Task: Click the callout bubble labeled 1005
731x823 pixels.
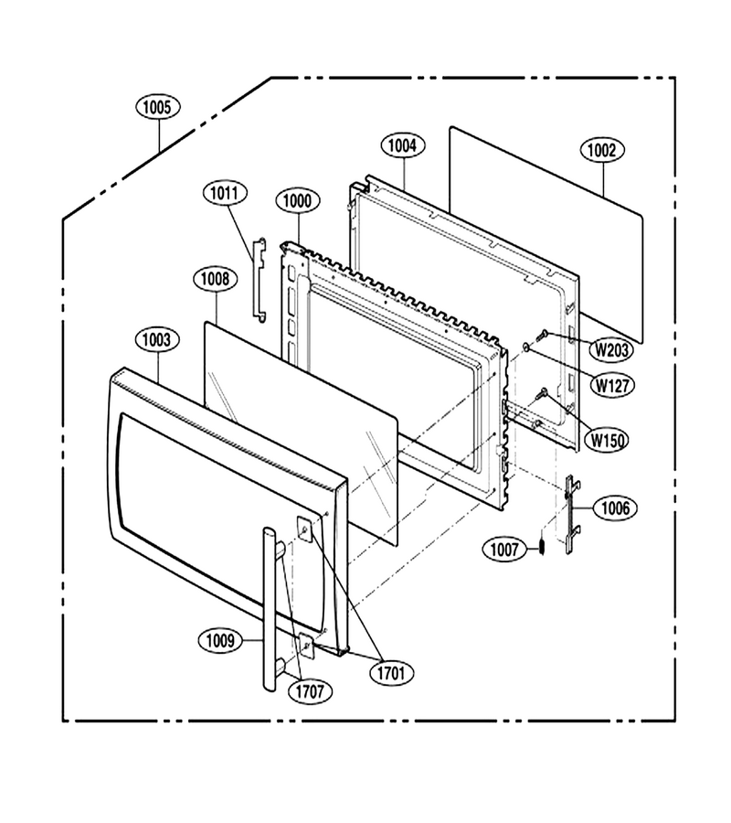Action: coord(158,107)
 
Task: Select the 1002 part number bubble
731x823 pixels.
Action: coord(602,150)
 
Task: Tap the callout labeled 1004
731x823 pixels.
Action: coord(403,145)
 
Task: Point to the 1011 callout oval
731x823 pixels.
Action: coord(225,193)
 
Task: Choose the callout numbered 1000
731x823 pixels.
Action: coord(297,200)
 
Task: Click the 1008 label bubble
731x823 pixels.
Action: coord(216,278)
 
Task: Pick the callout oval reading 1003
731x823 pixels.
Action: coord(157,339)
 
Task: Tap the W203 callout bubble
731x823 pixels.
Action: coord(611,349)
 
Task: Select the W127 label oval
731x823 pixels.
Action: coord(612,385)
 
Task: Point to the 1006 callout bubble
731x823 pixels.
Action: coord(616,508)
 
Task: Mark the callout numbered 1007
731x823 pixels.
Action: coord(504,550)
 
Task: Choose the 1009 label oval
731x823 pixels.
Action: coord(220,640)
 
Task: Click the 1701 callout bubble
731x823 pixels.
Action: coord(392,673)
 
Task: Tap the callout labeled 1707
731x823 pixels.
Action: coord(310,691)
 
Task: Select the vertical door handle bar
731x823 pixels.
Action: coord(269,610)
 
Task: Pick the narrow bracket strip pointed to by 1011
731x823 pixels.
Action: coord(260,279)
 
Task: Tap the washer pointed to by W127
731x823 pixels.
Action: coord(526,347)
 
